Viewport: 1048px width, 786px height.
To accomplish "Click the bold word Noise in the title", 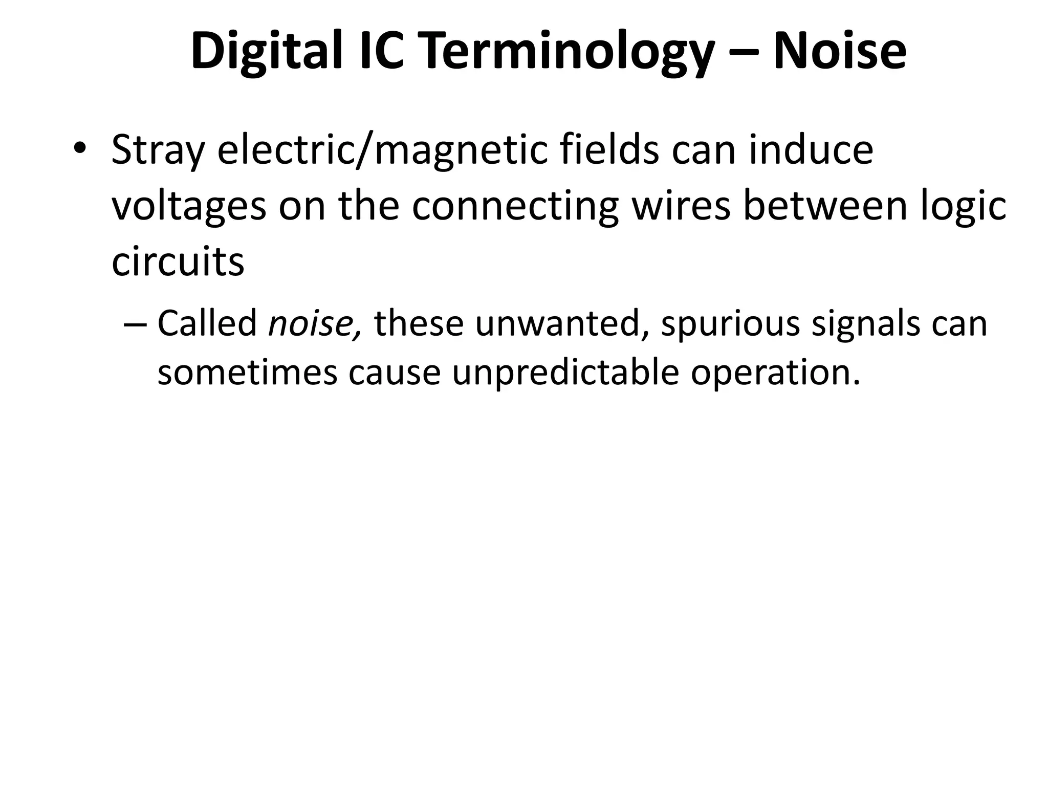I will click(x=840, y=51).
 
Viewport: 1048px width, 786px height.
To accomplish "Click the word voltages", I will click(x=189, y=207).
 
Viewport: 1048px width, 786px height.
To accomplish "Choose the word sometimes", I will click(x=247, y=373).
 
